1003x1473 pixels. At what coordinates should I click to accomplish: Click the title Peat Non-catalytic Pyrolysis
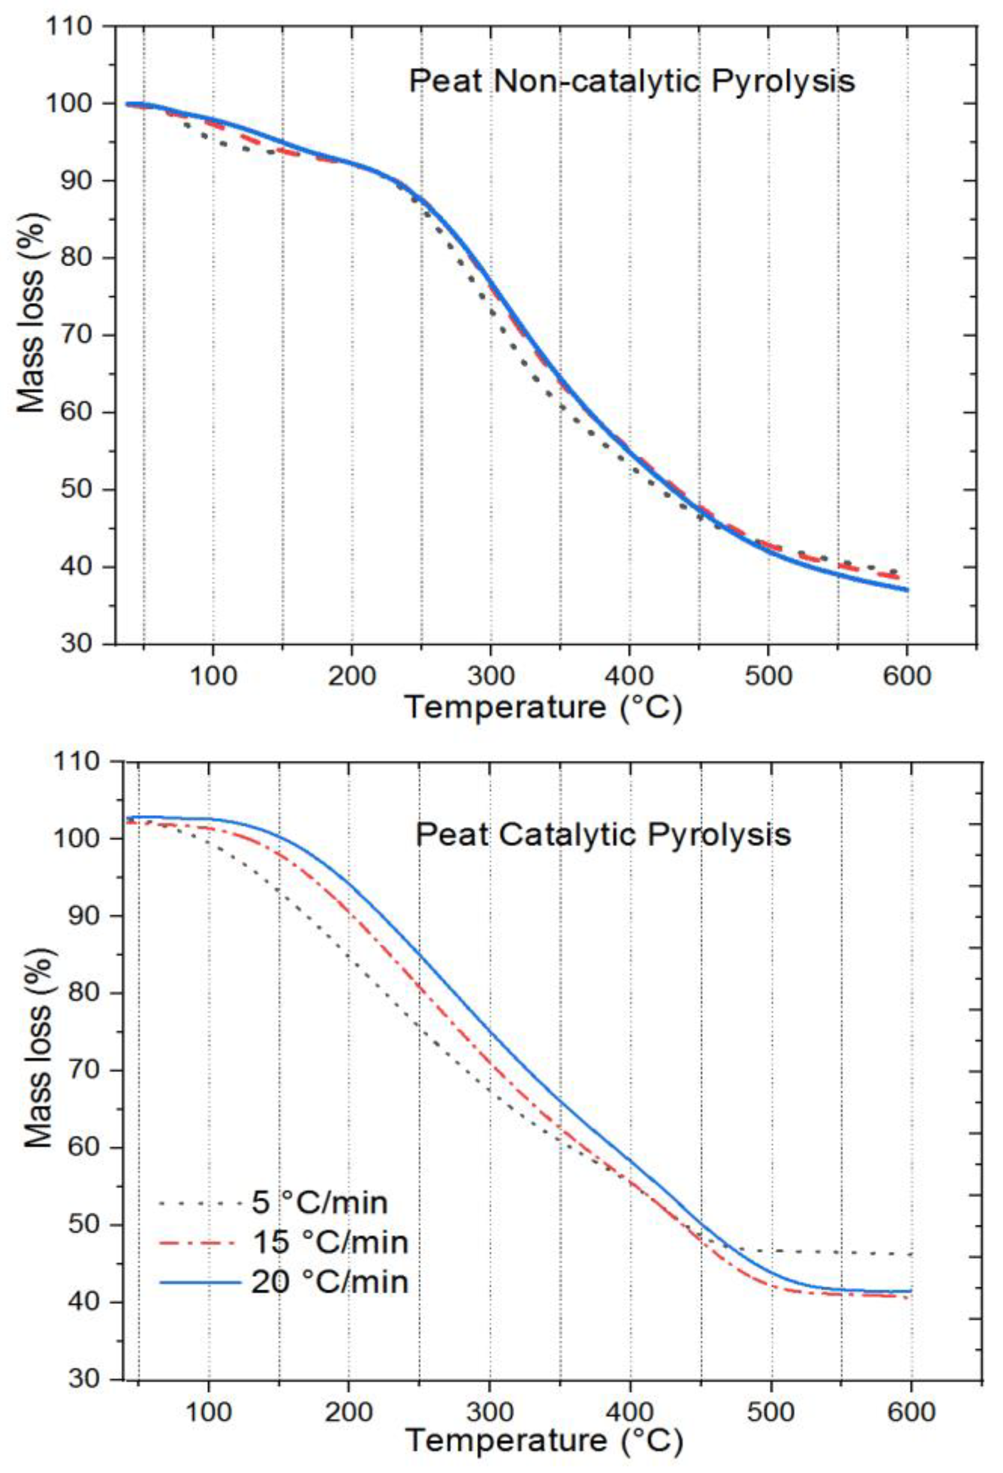(632, 82)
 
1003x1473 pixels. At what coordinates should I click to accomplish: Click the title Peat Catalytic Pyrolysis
(603, 835)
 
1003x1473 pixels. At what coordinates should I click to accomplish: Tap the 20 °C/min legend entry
(330, 1282)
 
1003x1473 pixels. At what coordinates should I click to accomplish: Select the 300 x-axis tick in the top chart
(490, 676)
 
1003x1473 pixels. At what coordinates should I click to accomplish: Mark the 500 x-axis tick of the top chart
(768, 676)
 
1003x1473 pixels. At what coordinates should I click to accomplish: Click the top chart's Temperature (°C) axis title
(544, 707)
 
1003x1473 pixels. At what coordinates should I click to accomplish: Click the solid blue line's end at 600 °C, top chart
(907, 590)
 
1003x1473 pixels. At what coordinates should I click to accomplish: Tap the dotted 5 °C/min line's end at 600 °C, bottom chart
(911, 1254)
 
